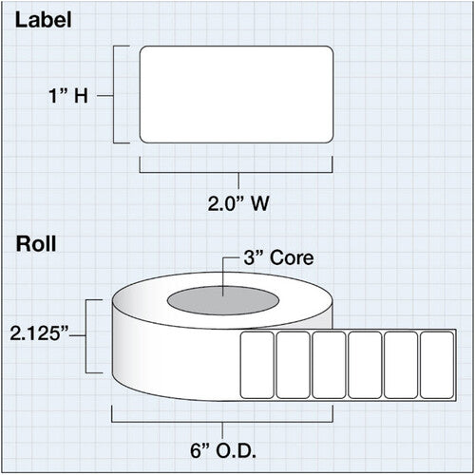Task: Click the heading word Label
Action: pyautogui.click(x=44, y=20)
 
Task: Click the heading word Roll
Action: pyautogui.click(x=36, y=244)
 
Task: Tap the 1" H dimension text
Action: pyautogui.click(x=68, y=96)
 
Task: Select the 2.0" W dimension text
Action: pyautogui.click(x=238, y=203)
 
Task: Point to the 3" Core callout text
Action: pyautogui.click(x=278, y=257)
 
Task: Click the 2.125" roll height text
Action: pyautogui.click(x=39, y=333)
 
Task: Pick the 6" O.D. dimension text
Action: pyautogui.click(x=223, y=450)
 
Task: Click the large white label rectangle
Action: pyautogui.click(x=237, y=94)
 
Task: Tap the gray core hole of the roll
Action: pyautogui.click(x=223, y=300)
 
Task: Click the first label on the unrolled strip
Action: pyautogui.click(x=257, y=365)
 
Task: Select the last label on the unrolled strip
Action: pyautogui.click(x=437, y=365)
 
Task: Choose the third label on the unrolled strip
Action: pyautogui.click(x=329, y=365)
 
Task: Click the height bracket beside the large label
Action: pyautogui.click(x=114, y=94)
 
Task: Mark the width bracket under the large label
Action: pyautogui.click(x=237, y=173)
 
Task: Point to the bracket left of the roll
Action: pyautogui.click(x=86, y=336)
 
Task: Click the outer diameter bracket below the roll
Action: pyautogui.click(x=222, y=422)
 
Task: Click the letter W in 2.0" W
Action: pyautogui.click(x=260, y=203)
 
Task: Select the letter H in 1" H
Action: pyautogui.click(x=81, y=96)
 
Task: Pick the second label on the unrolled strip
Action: pyautogui.click(x=293, y=365)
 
